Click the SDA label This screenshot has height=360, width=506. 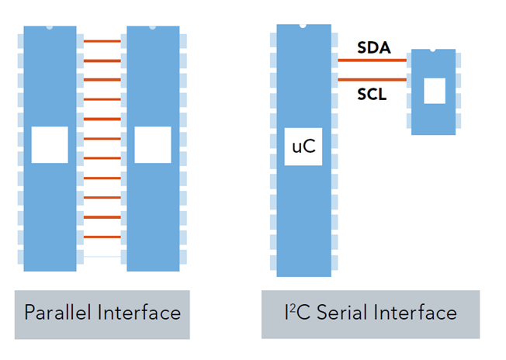(x=373, y=48)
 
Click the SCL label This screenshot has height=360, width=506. (x=373, y=95)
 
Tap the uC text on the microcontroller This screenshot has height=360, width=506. (x=303, y=146)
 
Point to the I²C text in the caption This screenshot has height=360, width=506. (x=296, y=313)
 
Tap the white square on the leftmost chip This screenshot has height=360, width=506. (x=50, y=145)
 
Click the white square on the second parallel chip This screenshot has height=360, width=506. (x=153, y=145)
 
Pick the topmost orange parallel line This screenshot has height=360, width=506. (x=102, y=41)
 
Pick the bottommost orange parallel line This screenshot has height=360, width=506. (x=102, y=237)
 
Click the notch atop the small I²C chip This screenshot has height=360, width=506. (x=433, y=51)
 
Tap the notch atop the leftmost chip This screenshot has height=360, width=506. (x=50, y=28)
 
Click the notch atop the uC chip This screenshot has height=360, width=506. (x=303, y=26)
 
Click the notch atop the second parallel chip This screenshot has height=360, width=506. (x=153, y=28)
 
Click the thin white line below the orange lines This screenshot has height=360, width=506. (x=102, y=256)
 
